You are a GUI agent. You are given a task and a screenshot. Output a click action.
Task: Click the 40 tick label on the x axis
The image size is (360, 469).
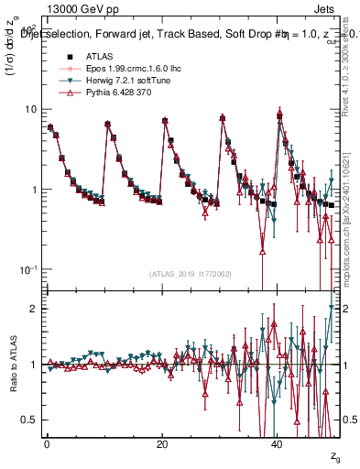point(278,442)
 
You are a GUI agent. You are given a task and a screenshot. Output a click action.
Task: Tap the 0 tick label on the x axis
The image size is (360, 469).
point(47,442)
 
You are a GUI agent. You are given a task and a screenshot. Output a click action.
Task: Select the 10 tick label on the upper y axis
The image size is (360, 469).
point(31,109)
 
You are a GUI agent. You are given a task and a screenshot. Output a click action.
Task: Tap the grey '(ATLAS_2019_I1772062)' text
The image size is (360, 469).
point(190,273)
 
